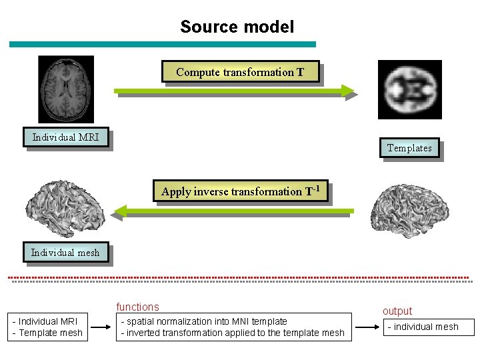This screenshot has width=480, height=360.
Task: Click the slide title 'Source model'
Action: click(x=237, y=27)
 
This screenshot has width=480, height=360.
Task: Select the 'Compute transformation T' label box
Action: click(x=240, y=72)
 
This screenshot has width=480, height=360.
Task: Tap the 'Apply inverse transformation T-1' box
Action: click(x=241, y=191)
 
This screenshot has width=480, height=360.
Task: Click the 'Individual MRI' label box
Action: click(x=66, y=138)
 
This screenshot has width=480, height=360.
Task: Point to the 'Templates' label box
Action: click(x=409, y=148)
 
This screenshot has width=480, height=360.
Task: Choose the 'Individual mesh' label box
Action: click(x=65, y=252)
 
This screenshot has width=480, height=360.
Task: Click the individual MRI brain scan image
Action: click(x=66, y=89)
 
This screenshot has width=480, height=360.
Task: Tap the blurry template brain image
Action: click(x=409, y=89)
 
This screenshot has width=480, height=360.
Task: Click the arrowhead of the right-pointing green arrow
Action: click(x=348, y=91)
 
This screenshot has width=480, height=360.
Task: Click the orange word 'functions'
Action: click(x=138, y=307)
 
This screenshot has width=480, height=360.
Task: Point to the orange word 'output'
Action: click(x=397, y=311)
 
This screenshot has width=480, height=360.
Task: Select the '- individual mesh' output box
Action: click(x=427, y=327)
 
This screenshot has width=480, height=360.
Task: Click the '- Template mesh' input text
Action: click(x=48, y=333)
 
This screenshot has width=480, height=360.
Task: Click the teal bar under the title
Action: click(x=162, y=45)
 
